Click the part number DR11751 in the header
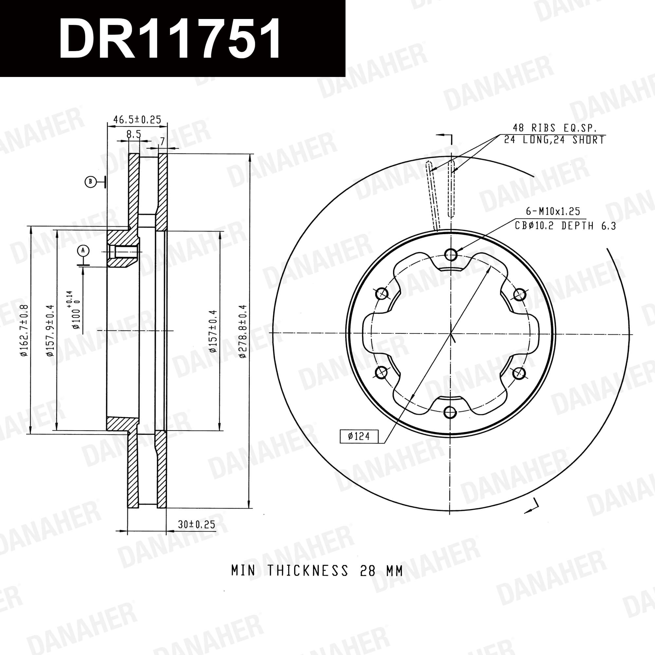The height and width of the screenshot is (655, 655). pyautogui.click(x=170, y=38)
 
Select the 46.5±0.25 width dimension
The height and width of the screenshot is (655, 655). pyautogui.click(x=137, y=119)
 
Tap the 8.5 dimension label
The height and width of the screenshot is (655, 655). pyautogui.click(x=134, y=134)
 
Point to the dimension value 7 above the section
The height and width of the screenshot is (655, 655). pyautogui.click(x=162, y=141)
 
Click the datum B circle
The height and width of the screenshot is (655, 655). pyautogui.click(x=90, y=182)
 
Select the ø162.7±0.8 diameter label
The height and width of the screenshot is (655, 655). pyautogui.click(x=24, y=330)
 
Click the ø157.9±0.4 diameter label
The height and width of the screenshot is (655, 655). pyautogui.click(x=50, y=330)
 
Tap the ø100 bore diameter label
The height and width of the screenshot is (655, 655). pyautogui.click(x=75, y=309)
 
